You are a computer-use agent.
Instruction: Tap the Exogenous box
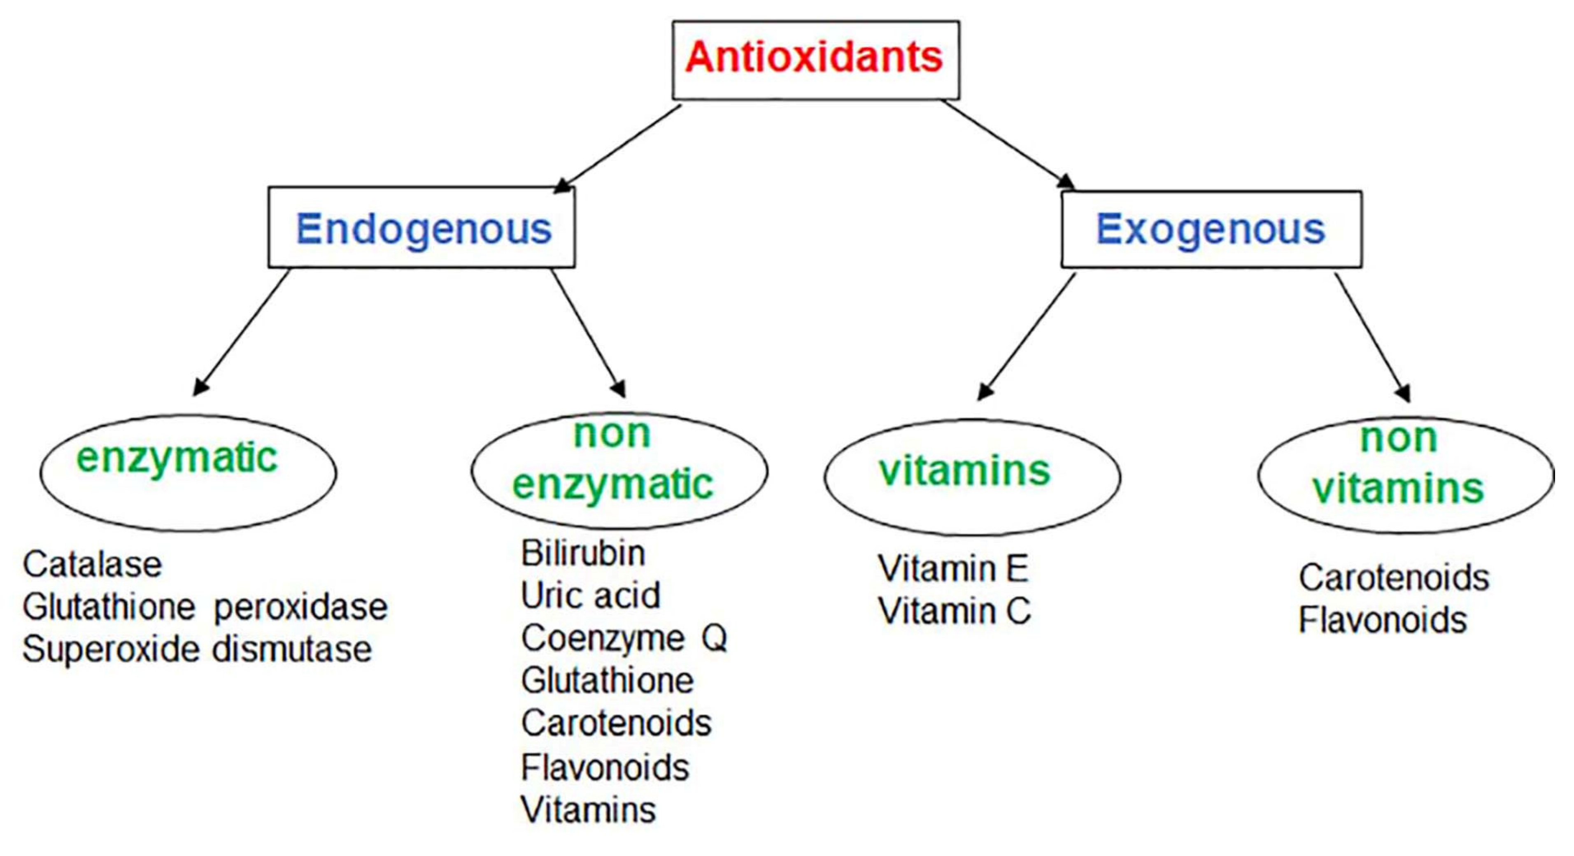coord(1211,229)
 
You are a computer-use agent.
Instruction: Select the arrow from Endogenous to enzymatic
coord(241,333)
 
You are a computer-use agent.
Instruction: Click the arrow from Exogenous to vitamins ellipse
coord(1027,336)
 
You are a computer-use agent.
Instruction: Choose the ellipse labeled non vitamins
coord(1405,475)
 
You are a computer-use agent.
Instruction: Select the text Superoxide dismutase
coord(197,649)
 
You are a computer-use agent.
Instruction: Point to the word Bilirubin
coord(583,553)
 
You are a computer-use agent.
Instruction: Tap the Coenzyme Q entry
coord(623,638)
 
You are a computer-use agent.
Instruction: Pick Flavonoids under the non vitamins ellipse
coord(1382,620)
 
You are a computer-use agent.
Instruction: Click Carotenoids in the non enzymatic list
coord(616,723)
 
